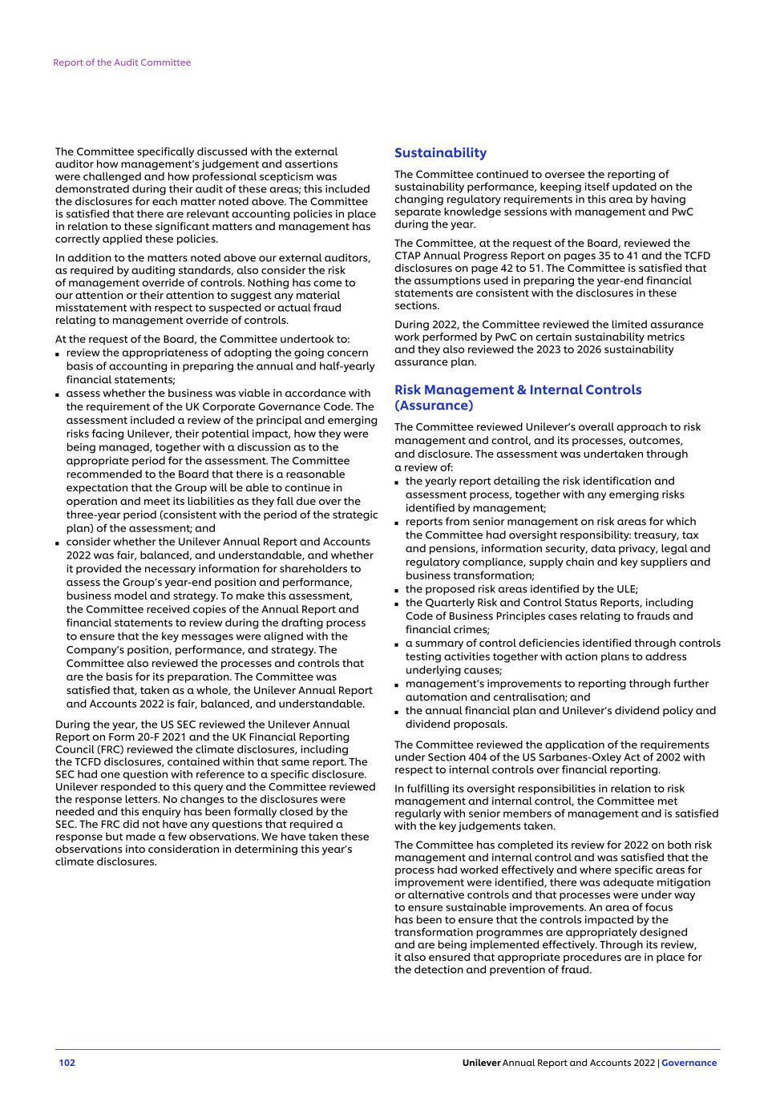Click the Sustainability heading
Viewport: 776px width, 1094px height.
click(440, 153)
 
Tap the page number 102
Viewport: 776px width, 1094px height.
click(67, 1063)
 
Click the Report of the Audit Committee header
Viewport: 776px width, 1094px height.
click(122, 63)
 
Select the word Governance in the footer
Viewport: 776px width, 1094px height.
click(689, 1063)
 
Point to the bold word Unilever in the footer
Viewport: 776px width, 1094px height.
click(481, 1063)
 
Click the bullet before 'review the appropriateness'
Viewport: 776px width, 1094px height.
click(59, 354)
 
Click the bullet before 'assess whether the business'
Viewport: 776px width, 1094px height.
click(59, 394)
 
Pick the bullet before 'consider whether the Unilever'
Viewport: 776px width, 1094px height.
click(59, 543)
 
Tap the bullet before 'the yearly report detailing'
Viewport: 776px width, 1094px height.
click(398, 482)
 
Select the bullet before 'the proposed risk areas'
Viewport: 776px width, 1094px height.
click(398, 590)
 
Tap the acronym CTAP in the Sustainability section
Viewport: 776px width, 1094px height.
click(409, 256)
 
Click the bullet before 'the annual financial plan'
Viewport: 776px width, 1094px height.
click(398, 712)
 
